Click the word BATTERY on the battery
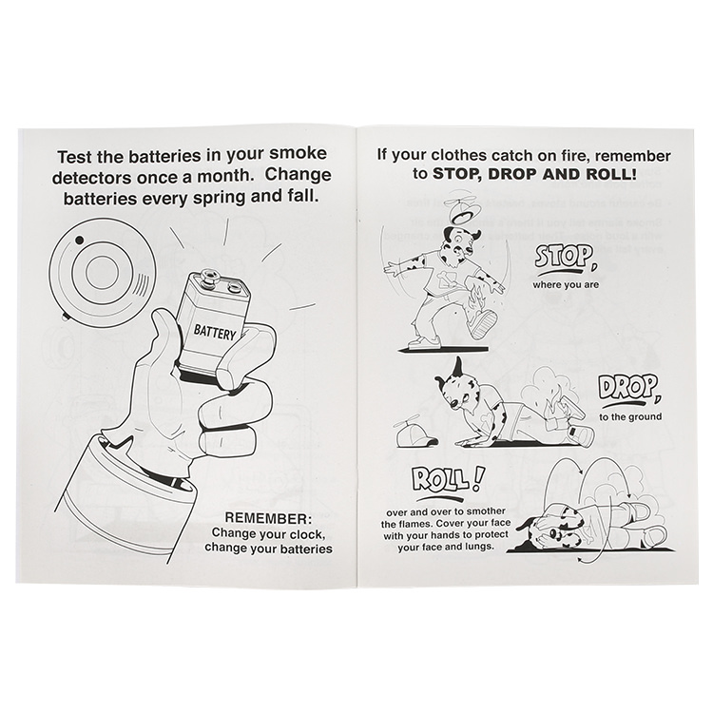click(x=215, y=333)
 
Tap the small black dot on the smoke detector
click(x=79, y=240)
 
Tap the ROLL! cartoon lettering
click(x=445, y=482)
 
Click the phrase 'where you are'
click(x=566, y=285)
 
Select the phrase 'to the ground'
click(x=630, y=416)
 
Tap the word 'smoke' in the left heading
click(x=298, y=154)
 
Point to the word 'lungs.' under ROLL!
click(x=477, y=547)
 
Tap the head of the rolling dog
click(x=555, y=533)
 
